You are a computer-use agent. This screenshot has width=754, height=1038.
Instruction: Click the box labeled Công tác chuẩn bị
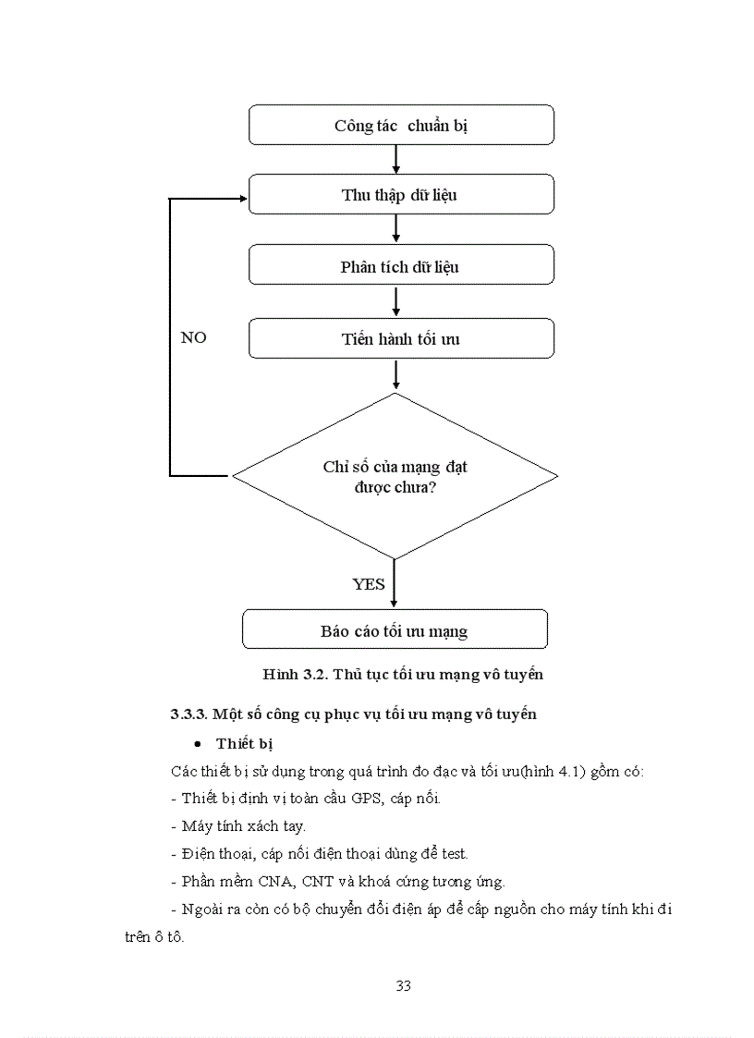click(x=401, y=125)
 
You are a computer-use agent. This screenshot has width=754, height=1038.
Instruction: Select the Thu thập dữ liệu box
click(x=401, y=195)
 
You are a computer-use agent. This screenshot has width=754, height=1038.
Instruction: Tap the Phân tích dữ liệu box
click(x=401, y=266)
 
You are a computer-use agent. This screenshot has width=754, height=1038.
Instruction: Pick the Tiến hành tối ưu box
click(x=401, y=338)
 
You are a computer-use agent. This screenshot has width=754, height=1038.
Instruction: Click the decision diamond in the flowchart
click(x=395, y=476)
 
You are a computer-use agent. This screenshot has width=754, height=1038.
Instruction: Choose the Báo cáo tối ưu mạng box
click(x=395, y=630)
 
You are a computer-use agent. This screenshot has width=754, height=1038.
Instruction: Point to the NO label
click(x=193, y=337)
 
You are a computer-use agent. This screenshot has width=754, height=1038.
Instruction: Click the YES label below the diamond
click(x=369, y=583)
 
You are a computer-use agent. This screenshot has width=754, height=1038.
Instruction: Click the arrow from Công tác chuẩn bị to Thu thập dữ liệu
click(x=395, y=159)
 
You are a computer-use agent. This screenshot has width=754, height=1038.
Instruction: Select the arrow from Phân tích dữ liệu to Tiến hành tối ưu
click(x=395, y=301)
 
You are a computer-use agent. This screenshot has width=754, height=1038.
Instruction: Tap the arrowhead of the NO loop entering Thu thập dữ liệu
click(x=242, y=199)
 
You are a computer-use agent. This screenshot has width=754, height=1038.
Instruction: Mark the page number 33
click(x=403, y=985)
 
